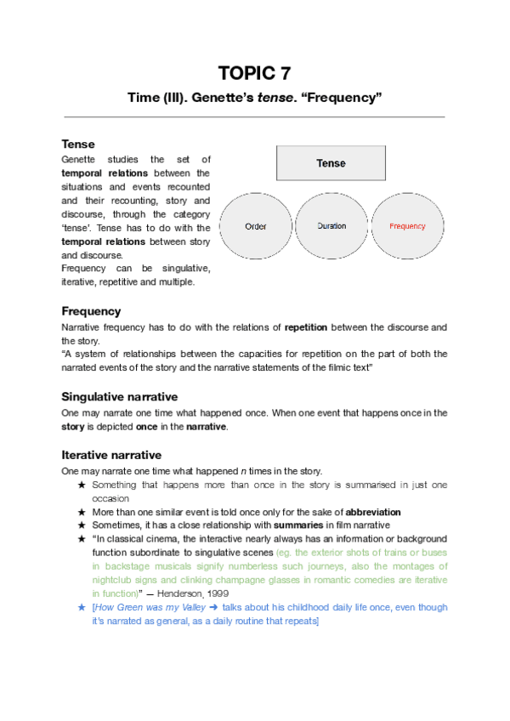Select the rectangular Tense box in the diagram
[x=331, y=162]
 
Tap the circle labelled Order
[x=256, y=227]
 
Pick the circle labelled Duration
[x=331, y=227]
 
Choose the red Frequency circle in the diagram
[x=407, y=227]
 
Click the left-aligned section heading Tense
[x=78, y=144]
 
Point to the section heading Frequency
[x=91, y=311]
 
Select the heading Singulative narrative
[x=119, y=396]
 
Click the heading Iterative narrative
[x=111, y=455]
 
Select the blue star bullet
[x=82, y=608]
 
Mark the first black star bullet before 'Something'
[x=82, y=485]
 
